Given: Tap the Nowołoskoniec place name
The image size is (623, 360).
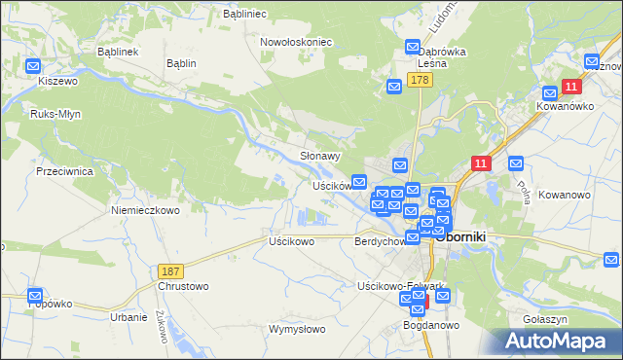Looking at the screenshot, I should coord(297,43).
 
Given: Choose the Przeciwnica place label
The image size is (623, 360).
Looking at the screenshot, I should coord(63,170).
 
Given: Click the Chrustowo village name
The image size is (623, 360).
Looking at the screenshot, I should coord(182,286).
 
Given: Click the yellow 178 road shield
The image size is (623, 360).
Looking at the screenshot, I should coord(420,81).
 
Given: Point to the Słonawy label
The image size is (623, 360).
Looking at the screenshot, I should coord(319,156).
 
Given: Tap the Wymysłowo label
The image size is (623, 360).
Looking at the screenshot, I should coord(297,329).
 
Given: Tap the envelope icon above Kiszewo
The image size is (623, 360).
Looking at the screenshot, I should coord(33,67).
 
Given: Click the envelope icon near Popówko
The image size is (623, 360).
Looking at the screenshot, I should coord(35,294).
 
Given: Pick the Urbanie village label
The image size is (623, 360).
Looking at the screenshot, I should coord(128,317).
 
